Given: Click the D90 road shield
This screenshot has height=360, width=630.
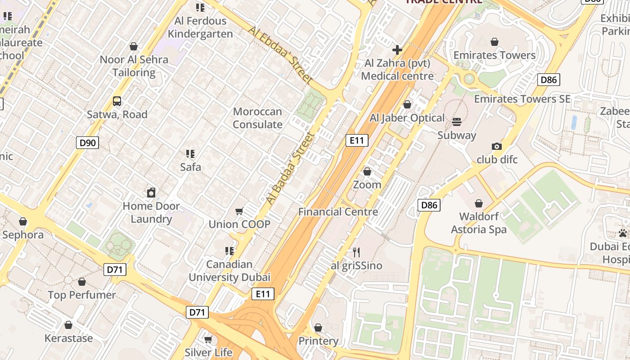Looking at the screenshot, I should coord(87,143).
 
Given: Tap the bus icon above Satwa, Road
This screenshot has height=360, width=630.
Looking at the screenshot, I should coord(117,101).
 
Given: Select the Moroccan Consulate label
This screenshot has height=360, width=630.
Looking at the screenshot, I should coord(257,118).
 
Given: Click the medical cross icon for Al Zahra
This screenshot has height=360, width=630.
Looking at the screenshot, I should coord(397,49).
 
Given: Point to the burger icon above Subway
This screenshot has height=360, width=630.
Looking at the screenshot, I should coord(457,122).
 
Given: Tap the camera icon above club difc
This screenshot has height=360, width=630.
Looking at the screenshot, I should coord(497,146).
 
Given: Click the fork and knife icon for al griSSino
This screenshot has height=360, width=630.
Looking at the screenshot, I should coord(356,252).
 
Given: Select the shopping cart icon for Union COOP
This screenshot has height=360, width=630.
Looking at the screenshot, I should coord(239,211).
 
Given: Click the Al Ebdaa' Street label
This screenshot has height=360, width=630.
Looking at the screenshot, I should coord(280,54).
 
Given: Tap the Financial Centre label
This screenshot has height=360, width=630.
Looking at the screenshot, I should coord(338,211).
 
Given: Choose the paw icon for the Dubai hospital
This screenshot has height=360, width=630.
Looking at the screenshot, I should coord(623,233).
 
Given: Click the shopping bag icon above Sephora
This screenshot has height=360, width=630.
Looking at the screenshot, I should coord(23,221).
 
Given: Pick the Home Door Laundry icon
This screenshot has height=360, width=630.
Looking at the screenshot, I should coord(151,193).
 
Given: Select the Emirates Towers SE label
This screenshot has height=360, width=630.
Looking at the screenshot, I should coord(522,99).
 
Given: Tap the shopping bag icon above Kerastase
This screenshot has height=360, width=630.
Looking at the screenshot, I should coord(68,325).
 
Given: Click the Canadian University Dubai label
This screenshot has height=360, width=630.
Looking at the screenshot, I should coord(229,270).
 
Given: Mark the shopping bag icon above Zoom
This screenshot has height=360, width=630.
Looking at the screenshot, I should coord(367,171).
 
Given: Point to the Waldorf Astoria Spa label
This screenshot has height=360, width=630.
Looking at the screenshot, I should coord(479,223).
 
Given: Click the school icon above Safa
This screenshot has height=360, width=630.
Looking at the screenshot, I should coord(190,154).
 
